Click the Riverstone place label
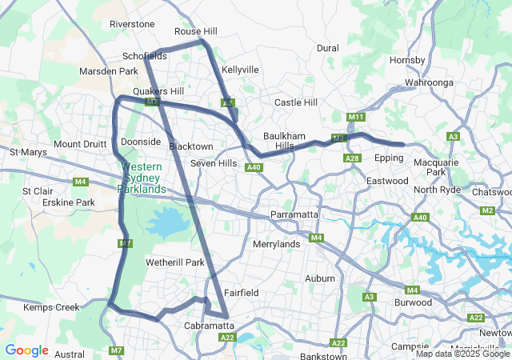[x=132, y=24]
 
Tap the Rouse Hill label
[x=196, y=31]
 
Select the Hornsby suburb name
[x=407, y=60]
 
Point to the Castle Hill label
[x=296, y=102]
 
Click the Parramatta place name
[x=295, y=216]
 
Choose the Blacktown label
[x=191, y=146]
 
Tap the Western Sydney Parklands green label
[x=142, y=178]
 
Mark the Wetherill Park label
[x=175, y=262]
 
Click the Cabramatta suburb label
[x=209, y=326]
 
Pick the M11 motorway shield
[x=357, y=118]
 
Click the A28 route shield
[x=352, y=158]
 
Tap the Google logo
[x=26, y=350]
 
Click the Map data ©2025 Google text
[x=462, y=354]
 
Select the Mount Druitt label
[x=79, y=144]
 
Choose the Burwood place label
[x=414, y=302]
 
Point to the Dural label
[x=328, y=48]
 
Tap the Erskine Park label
[x=67, y=202]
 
